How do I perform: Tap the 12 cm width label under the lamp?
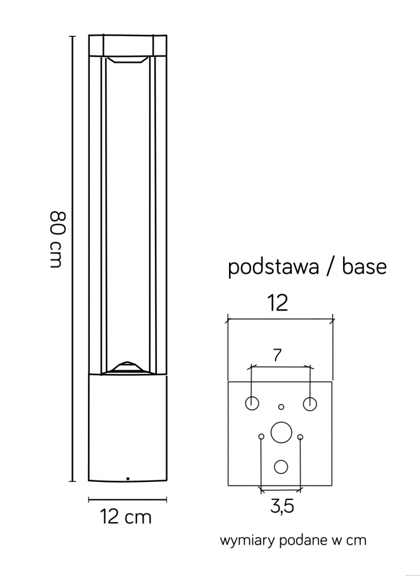pyautogui.click(x=125, y=517)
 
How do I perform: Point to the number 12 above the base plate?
pyautogui.click(x=278, y=303)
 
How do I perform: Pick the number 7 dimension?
pyautogui.click(x=278, y=355)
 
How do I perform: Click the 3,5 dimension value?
pyautogui.click(x=282, y=506)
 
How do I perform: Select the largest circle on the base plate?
pyautogui.click(x=281, y=432)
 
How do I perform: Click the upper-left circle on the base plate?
pyautogui.click(x=252, y=403)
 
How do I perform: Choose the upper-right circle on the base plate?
pyautogui.click(x=310, y=404)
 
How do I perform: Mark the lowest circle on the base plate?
pyautogui.click(x=281, y=466)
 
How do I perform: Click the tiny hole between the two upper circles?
pyautogui.click(x=281, y=407)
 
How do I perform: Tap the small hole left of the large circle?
pyautogui.click(x=261, y=436)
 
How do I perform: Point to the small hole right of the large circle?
pyautogui.click(x=300, y=437)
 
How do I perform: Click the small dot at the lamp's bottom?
pyautogui.click(x=128, y=479)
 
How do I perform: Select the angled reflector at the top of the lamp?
pyautogui.click(x=127, y=60)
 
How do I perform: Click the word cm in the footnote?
pyautogui.click(x=357, y=541)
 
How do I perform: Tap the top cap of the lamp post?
pyautogui.click(x=128, y=45)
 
